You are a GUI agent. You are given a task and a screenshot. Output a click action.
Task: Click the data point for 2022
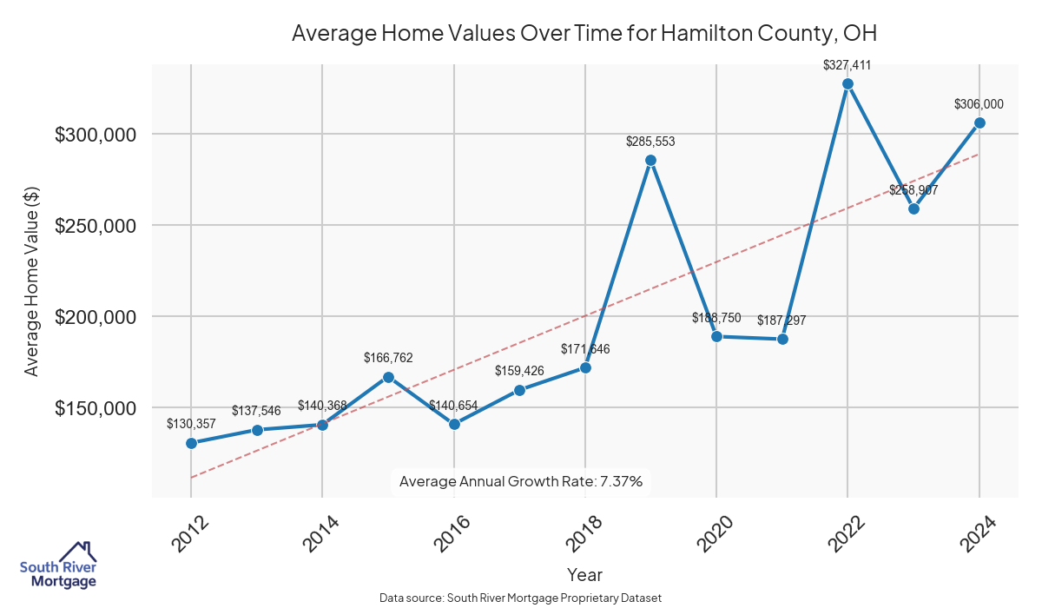[x=847, y=84]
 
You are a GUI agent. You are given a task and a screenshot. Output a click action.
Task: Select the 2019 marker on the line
[x=650, y=161]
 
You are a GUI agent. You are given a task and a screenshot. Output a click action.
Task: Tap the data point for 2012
[x=191, y=443]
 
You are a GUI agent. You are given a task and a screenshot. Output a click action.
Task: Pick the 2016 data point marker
[x=454, y=424]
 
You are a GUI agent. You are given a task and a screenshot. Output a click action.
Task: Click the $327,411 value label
[x=847, y=65]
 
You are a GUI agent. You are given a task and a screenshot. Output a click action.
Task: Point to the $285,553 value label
[x=650, y=141]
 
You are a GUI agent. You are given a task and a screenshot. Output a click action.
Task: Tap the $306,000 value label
[x=979, y=104]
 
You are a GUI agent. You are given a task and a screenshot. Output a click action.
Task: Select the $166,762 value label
[x=388, y=357]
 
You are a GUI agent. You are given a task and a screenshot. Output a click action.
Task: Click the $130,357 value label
[x=191, y=424]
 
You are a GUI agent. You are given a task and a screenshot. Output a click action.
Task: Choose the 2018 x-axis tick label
[x=581, y=532]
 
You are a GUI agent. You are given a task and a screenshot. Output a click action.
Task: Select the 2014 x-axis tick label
[x=318, y=532]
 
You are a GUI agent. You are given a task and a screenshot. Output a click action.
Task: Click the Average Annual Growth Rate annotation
[x=521, y=481]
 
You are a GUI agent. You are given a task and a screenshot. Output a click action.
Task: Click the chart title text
[x=584, y=34]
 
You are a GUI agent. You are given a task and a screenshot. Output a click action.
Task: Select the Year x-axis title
[x=584, y=574]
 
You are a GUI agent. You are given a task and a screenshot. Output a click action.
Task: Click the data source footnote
[x=521, y=598]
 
